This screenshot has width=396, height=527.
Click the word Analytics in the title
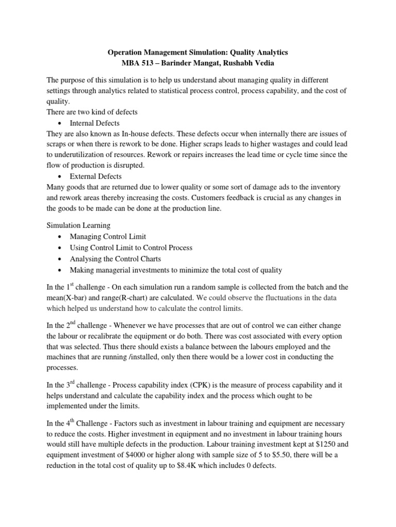[x=269, y=52]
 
